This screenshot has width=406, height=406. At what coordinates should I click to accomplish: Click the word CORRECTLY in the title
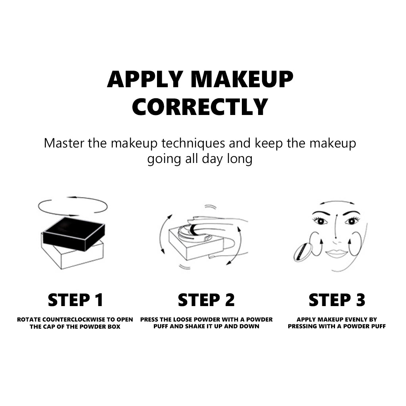click(200, 107)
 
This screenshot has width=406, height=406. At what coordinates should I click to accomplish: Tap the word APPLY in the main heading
click(145, 79)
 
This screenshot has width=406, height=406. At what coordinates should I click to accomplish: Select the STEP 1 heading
click(76, 300)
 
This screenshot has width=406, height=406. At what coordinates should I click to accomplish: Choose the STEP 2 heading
click(206, 300)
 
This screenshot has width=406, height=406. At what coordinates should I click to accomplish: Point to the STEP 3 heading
click(337, 300)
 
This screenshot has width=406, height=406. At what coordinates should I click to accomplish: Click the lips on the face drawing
click(337, 253)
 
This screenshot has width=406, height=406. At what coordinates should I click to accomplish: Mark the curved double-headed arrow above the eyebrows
click(337, 202)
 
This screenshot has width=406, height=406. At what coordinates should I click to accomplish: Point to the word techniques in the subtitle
click(193, 144)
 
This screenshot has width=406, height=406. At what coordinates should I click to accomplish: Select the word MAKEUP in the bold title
click(242, 79)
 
